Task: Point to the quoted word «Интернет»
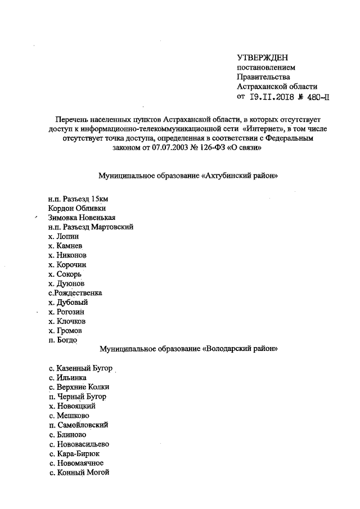[x=259, y=129]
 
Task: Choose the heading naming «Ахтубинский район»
[x=188, y=176]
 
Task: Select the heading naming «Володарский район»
[x=188, y=349]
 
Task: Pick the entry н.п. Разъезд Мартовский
[x=91, y=227]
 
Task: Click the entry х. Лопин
[x=64, y=237]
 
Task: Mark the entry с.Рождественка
[x=75, y=293]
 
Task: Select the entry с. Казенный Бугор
[x=80, y=368]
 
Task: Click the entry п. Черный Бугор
[x=77, y=397]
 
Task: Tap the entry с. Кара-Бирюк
[x=75, y=453]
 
